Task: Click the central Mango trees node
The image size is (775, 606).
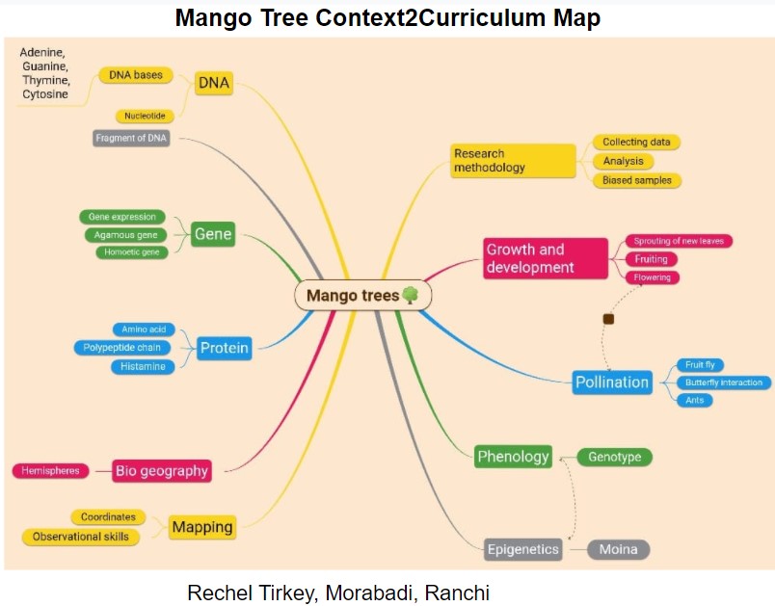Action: coord(362,296)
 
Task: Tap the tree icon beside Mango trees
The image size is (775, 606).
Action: coord(410,295)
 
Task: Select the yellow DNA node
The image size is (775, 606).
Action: coord(213,83)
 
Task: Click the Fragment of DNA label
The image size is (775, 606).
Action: coord(132,138)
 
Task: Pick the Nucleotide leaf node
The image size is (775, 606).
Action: coord(146,116)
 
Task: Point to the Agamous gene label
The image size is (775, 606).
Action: coord(124,234)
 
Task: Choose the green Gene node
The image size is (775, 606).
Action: coord(212,234)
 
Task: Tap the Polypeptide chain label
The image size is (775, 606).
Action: coord(121,347)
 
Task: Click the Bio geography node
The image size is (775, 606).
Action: coord(161,471)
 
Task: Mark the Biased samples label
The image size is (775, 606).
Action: coord(636,180)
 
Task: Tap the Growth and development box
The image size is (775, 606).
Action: coord(546,257)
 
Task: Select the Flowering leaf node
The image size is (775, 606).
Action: coord(653,277)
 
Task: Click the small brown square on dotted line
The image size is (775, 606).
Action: coord(608,318)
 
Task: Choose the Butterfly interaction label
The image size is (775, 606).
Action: coord(723,382)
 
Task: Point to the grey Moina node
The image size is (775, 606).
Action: coord(618,549)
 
